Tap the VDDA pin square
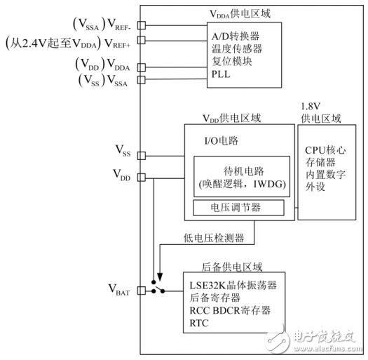coord(142,67)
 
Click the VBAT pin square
coord(142,290)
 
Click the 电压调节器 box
coord(238,208)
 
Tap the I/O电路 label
coord(221,140)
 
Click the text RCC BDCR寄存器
coord(231,310)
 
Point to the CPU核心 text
coord(327,149)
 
